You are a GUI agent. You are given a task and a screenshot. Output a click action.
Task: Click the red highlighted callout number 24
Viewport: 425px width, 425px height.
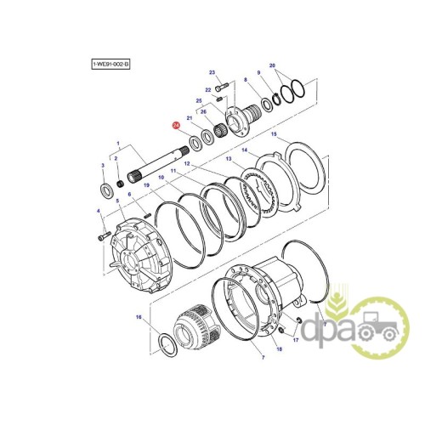[176, 126]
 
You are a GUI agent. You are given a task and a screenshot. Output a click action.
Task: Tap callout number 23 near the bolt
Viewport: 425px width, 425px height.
[212, 72]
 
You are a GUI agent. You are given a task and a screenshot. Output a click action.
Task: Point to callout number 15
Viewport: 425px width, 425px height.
[274, 134]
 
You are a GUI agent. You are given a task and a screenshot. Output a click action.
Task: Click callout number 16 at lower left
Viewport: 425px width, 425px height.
[139, 317]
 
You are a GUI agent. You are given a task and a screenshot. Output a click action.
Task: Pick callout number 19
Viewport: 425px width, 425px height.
[146, 185]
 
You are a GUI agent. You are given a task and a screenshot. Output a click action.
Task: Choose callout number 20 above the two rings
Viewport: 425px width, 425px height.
[272, 65]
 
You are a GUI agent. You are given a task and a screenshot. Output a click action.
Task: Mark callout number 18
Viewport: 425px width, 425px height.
[280, 349]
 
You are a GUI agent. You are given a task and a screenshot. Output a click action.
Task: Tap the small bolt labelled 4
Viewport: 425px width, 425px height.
[104, 236]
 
